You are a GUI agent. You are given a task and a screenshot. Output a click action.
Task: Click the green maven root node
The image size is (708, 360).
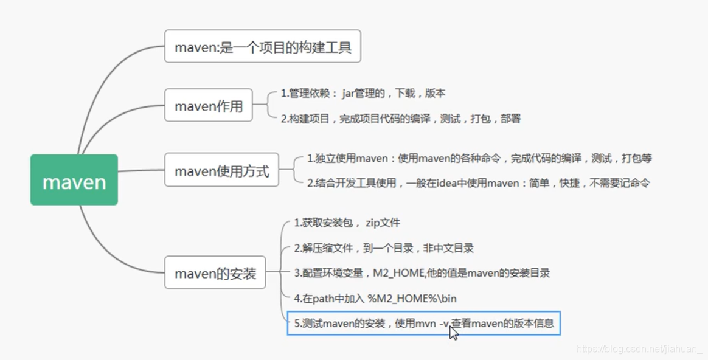click(x=74, y=180)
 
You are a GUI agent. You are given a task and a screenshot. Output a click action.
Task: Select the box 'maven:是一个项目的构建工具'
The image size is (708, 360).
click(x=263, y=46)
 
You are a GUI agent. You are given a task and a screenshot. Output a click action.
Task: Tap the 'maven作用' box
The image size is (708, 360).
click(x=209, y=105)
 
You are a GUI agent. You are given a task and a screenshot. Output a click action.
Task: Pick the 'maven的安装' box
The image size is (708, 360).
click(x=215, y=272)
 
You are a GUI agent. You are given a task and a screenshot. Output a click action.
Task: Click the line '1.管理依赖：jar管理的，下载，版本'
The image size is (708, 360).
click(x=363, y=94)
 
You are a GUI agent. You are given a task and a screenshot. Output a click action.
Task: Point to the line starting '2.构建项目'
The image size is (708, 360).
click(x=400, y=119)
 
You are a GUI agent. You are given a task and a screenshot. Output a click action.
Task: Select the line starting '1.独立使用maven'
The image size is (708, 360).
click(x=479, y=159)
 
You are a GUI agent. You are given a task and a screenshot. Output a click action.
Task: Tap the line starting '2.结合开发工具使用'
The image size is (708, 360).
click(x=478, y=182)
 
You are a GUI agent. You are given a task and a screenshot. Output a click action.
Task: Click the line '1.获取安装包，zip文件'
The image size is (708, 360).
click(x=347, y=223)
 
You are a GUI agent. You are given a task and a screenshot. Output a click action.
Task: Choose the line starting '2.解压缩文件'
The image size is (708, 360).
click(x=383, y=248)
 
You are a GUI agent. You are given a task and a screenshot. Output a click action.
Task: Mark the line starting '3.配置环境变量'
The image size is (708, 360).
click(x=422, y=273)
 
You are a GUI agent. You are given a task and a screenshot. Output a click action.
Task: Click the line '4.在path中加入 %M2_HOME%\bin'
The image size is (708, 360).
click(x=375, y=299)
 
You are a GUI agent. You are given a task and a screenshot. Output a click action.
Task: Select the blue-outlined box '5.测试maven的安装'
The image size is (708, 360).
click(x=423, y=323)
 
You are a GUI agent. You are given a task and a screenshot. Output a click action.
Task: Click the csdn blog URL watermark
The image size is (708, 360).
click(x=639, y=349)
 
